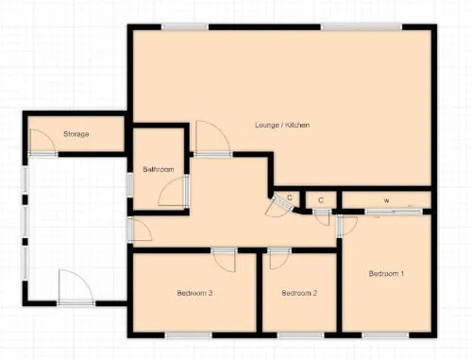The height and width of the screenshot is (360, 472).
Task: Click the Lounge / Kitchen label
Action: click(x=282, y=125)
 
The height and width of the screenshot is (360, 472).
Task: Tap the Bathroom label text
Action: click(x=159, y=169)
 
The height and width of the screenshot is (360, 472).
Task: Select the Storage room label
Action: click(x=76, y=134)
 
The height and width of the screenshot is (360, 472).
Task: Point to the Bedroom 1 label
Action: click(x=386, y=274)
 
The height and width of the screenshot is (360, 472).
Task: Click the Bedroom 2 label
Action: click(x=299, y=293)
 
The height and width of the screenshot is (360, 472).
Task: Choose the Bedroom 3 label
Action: click(x=194, y=293)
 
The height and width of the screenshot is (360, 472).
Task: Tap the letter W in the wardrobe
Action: click(x=386, y=200)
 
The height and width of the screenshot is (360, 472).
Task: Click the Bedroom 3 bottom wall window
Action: click(x=189, y=335)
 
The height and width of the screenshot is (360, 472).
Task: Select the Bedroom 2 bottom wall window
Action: click(x=300, y=335)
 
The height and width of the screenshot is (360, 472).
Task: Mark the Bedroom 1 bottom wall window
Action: click(x=385, y=335)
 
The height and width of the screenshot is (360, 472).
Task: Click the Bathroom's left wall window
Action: click(x=129, y=185)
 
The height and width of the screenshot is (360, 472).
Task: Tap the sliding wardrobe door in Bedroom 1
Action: click(x=394, y=212)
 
